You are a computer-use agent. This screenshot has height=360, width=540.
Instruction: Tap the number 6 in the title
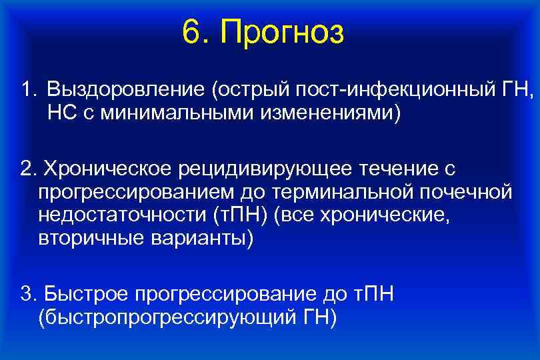point(191,33)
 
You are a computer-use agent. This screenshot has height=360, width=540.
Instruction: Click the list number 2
point(27,169)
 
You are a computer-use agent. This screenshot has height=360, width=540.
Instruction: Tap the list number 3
point(27,294)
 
